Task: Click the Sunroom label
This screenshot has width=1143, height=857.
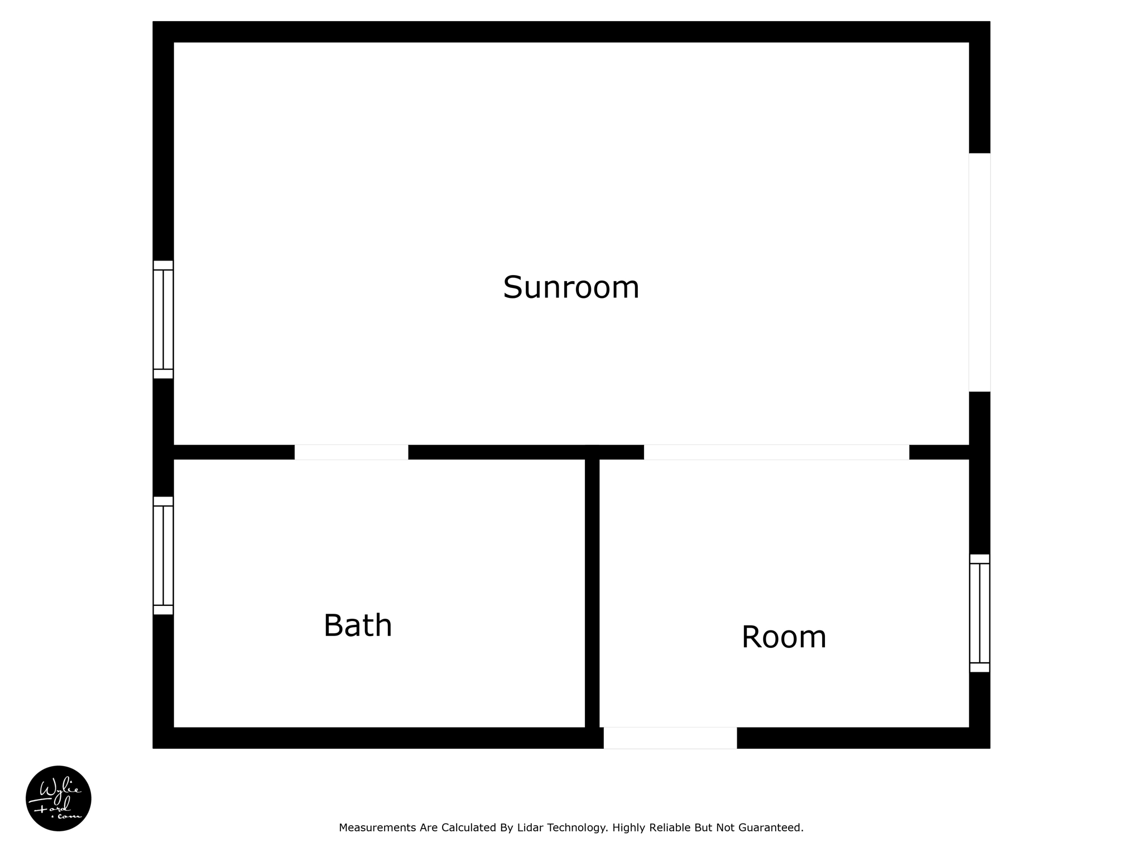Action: [570, 287]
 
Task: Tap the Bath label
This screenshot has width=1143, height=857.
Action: [358, 625]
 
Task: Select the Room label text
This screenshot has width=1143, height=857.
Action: [784, 637]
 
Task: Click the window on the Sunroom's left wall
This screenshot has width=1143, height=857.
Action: [163, 319]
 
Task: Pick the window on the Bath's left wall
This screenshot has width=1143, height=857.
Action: [163, 555]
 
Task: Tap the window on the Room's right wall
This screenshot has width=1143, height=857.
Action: [979, 613]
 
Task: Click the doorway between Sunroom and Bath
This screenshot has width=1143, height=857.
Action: [351, 452]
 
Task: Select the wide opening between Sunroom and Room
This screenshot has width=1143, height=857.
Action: [776, 452]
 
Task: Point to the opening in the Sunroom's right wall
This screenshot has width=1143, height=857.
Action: [979, 272]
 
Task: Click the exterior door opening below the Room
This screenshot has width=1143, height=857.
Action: [670, 738]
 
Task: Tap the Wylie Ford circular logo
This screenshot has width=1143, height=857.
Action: [59, 798]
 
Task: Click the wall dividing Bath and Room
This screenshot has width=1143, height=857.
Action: [592, 591]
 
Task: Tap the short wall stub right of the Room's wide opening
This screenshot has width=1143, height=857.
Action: [939, 452]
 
